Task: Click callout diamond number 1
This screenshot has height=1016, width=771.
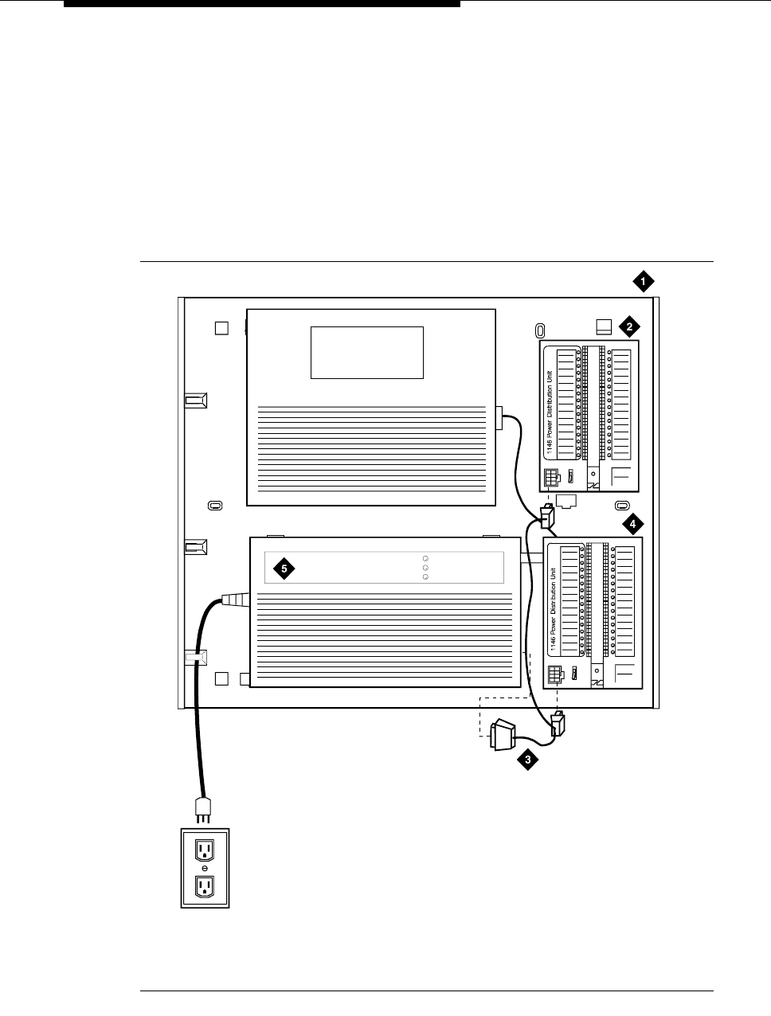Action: tap(643, 280)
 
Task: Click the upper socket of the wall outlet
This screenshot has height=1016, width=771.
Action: tap(205, 849)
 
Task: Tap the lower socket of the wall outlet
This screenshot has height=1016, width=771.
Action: tap(205, 885)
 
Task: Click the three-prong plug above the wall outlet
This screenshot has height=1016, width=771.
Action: tap(204, 810)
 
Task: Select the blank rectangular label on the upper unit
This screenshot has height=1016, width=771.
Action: tap(366, 352)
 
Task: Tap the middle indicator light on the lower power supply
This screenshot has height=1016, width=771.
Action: tap(425, 568)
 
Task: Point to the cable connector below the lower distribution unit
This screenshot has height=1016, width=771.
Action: tap(558, 723)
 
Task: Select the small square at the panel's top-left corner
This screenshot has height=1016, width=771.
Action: tap(222, 328)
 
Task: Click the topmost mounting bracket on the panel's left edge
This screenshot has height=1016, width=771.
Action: tap(195, 401)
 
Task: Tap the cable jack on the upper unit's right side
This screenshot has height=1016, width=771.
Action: tap(499, 418)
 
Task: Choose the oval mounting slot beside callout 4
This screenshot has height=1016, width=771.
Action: tap(623, 506)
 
